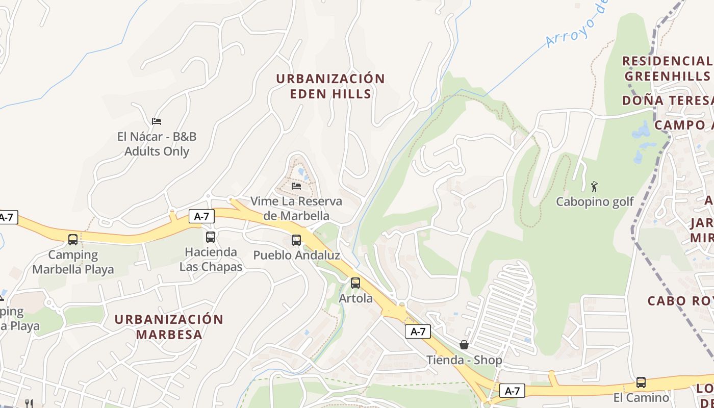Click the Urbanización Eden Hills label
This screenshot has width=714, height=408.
coord(330,86)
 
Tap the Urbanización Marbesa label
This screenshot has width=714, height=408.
coord(169,327)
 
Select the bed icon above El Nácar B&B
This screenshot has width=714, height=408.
coord(157,121)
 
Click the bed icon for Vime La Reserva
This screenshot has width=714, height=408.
coord(296,186)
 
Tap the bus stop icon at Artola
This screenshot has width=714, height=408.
coord(355,283)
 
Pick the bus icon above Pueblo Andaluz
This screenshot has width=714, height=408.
coord(296,240)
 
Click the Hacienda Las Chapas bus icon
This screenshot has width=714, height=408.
coord(211,237)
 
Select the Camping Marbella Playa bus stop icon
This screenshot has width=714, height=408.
coord(73,239)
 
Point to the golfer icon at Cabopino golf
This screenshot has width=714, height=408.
coord(594,187)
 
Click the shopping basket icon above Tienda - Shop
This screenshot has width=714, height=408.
coord(464,345)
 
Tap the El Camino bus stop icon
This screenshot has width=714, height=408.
coord(641,382)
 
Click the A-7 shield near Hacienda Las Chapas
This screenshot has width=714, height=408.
coord(201,216)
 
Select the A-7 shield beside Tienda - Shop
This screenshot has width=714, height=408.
coord(418,331)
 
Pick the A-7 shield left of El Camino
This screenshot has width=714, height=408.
coord(512,391)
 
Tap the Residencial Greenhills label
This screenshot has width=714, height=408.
coord(667,68)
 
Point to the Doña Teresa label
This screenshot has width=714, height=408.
coord(667,100)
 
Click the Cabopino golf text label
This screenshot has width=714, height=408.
coord(594,202)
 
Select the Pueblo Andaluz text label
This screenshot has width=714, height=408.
coord(296,255)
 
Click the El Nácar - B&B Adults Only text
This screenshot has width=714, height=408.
coord(157,144)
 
